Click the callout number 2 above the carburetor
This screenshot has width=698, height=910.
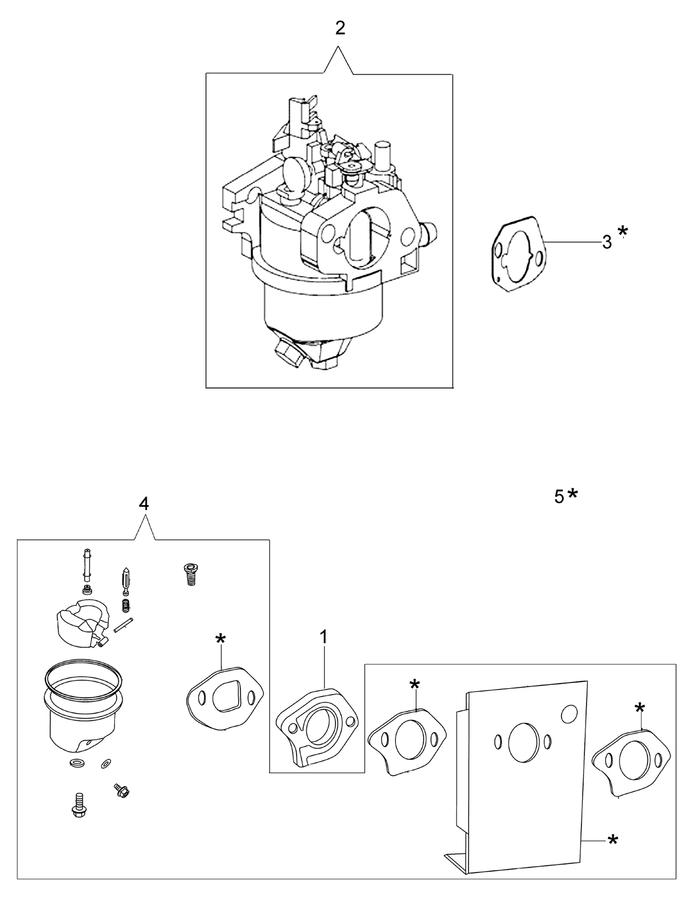tap(340, 28)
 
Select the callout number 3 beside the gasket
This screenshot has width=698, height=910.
tap(607, 242)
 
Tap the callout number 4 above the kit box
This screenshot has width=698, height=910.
tap(144, 504)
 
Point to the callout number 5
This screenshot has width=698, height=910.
tap(559, 497)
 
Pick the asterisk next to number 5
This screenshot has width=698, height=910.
tap(572, 494)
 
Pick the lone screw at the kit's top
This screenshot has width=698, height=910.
tap(191, 574)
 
